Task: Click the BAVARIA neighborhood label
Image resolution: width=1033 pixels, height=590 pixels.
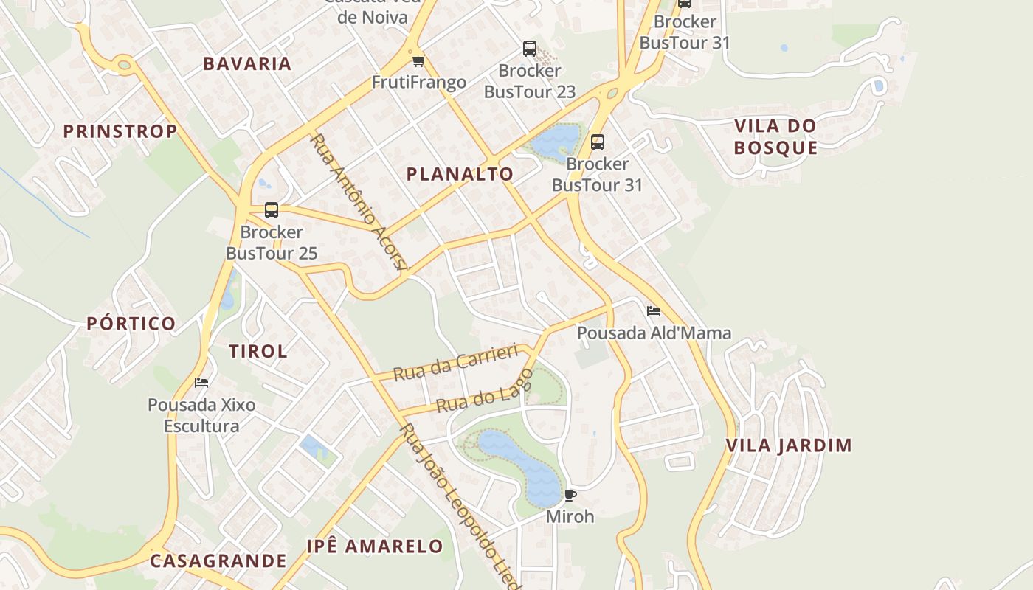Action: pyautogui.click(x=247, y=63)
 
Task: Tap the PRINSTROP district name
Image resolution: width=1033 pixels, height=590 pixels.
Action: pyautogui.click(x=120, y=131)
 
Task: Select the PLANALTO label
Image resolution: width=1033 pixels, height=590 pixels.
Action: pyautogui.click(x=460, y=174)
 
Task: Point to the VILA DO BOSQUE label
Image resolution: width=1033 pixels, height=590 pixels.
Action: pyautogui.click(x=775, y=136)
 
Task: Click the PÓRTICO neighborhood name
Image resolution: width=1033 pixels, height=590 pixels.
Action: pyautogui.click(x=131, y=323)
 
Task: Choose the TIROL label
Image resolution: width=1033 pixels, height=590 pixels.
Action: pyautogui.click(x=258, y=351)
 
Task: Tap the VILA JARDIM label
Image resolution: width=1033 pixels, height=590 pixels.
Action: pyautogui.click(x=789, y=445)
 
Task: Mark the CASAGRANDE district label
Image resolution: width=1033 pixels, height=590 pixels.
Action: pyautogui.click(x=218, y=560)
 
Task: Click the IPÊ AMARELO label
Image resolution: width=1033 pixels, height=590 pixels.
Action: pyautogui.click(x=375, y=546)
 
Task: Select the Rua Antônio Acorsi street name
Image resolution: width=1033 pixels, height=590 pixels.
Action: pyautogui.click(x=359, y=202)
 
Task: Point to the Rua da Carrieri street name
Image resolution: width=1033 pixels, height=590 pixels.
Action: pyautogui.click(x=455, y=362)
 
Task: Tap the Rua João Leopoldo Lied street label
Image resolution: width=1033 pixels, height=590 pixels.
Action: pyautogui.click(x=460, y=506)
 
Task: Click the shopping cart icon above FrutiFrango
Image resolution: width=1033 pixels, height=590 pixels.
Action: pyautogui.click(x=418, y=60)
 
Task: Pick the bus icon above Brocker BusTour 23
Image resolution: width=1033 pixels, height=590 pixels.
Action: pyautogui.click(x=529, y=49)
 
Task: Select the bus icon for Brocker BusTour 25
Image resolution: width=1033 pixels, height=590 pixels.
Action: pyautogui.click(x=272, y=210)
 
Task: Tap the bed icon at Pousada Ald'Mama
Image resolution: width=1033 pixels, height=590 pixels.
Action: pyautogui.click(x=653, y=311)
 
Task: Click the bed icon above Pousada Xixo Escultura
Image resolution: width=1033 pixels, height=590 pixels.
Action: pyautogui.click(x=201, y=383)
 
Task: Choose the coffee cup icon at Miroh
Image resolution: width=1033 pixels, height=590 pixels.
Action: pyautogui.click(x=570, y=495)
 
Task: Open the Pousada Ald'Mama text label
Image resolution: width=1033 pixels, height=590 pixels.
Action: pyautogui.click(x=654, y=333)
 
